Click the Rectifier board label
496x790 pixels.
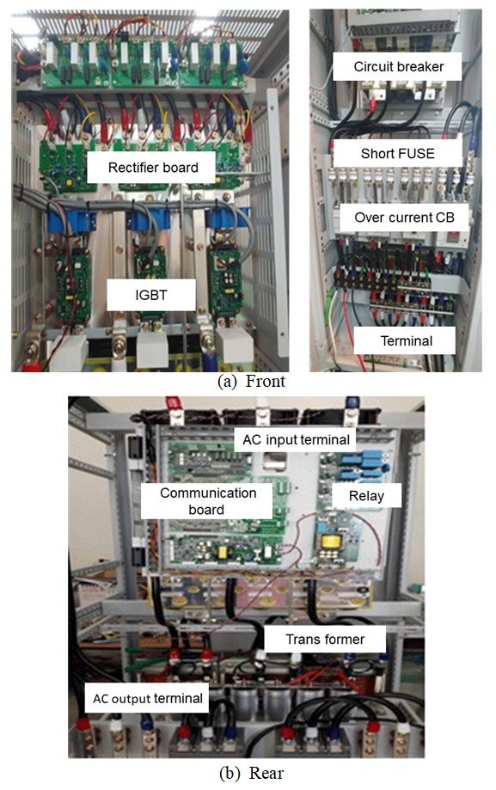tap(153, 168)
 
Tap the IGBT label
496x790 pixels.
tap(151, 295)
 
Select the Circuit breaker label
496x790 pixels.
tap(398, 66)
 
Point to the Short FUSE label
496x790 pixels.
tap(398, 153)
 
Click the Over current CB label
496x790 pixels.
tap(404, 217)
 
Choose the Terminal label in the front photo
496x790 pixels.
tap(407, 340)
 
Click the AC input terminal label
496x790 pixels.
tap(296, 440)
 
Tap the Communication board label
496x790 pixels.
tap(207, 501)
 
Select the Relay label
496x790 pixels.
tap(366, 496)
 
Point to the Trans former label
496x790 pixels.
tap(325, 639)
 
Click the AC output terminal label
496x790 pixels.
tap(147, 698)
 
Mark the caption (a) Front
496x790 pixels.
tap(251, 382)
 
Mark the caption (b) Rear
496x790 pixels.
tap(252, 773)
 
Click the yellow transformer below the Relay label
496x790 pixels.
tap(331, 542)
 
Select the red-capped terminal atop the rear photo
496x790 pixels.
tap(174, 403)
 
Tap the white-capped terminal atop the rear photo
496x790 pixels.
tap(261, 404)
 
